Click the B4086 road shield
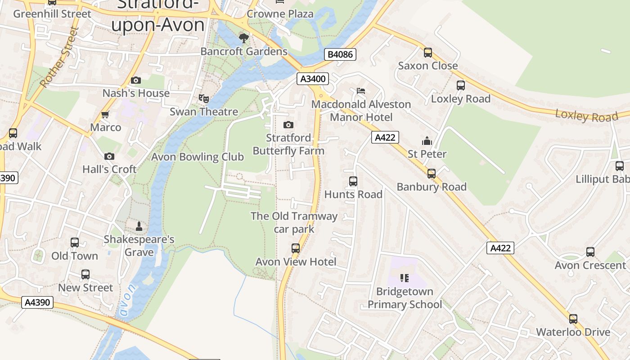coord(340,54)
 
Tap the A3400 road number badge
coord(313,79)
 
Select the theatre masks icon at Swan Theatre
coord(204,98)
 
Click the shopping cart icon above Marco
coord(105,114)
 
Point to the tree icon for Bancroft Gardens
coord(244,38)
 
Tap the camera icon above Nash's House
coord(136,80)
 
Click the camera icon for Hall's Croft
coord(109,156)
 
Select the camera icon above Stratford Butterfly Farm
coord(288,125)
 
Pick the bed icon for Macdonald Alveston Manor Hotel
coord(361,91)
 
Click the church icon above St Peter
coord(427,141)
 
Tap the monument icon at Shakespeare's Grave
coord(139,226)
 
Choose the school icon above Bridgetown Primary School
coord(405,278)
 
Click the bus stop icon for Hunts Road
coord(353,181)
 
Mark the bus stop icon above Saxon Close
coord(428,53)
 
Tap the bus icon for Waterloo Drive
coord(573,319)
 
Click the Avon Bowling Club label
coord(197,157)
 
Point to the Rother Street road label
coord(59,58)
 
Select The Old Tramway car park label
coord(294,222)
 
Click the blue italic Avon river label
coord(126,300)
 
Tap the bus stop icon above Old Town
coord(75,243)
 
